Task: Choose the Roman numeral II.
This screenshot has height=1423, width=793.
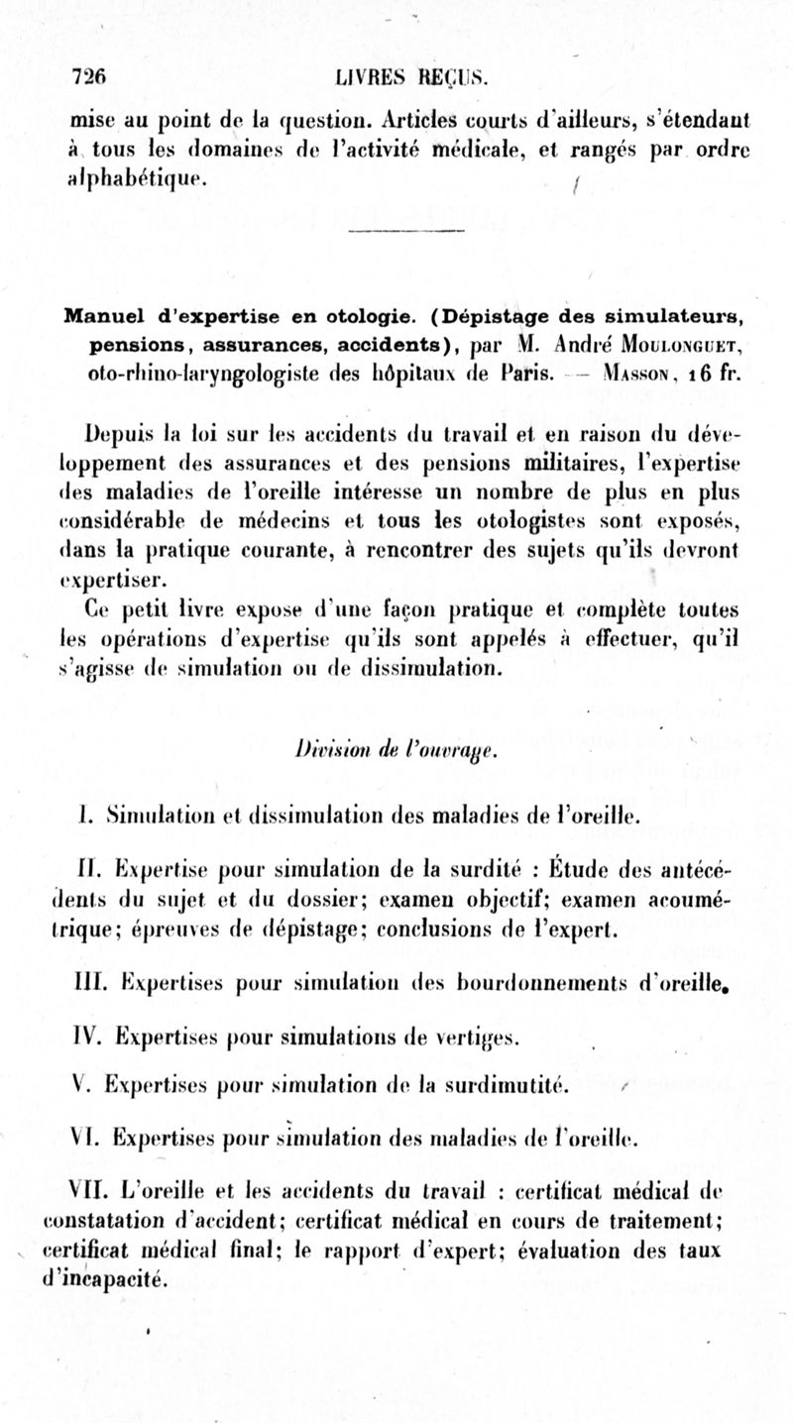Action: pos(92,876)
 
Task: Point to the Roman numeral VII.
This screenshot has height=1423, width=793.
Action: pos(96,1191)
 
